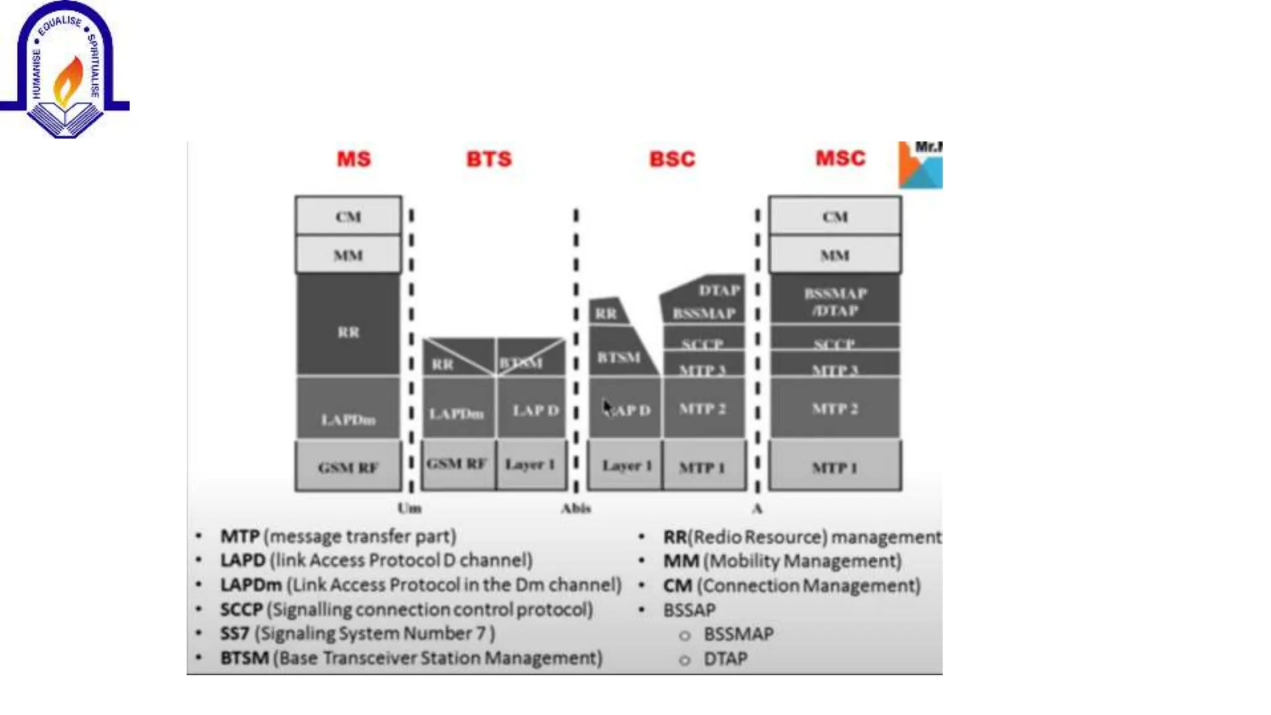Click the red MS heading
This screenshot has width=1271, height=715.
[354, 159]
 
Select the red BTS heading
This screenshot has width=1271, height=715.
[489, 159]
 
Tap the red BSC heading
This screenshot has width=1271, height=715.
[672, 159]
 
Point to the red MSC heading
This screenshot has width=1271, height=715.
[840, 158]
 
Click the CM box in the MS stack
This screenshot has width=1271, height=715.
[348, 217]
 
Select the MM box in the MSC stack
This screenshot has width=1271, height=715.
[835, 255]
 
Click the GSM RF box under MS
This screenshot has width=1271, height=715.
[348, 467]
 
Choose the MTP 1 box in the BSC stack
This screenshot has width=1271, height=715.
[703, 467]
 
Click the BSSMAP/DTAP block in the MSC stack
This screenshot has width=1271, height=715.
[835, 301]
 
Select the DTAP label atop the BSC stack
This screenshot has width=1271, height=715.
[719, 290]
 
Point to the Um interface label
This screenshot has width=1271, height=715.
[409, 508]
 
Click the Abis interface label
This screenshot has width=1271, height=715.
[576, 508]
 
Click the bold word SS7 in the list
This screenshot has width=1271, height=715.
[235, 634]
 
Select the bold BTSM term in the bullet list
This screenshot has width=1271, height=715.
[245, 658]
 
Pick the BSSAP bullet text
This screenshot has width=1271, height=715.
[689, 610]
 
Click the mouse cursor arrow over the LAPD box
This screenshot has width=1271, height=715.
[607, 407]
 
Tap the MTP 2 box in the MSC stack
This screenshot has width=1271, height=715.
[835, 408]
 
